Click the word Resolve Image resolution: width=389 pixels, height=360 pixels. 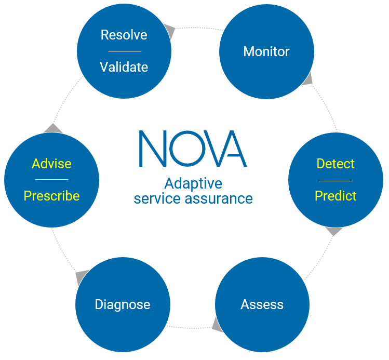(124, 35)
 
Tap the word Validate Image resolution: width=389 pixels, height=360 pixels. (124, 67)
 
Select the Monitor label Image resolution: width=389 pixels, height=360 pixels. (266, 51)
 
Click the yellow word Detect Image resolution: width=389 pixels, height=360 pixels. (336, 164)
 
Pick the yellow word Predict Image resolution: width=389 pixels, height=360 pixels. (336, 196)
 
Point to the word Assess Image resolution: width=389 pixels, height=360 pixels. (262, 304)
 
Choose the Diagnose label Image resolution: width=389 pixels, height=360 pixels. (123, 304)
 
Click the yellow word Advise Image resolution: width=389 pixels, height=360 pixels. (51, 164)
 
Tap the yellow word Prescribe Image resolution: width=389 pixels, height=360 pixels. (51, 196)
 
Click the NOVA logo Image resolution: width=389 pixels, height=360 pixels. (193, 149)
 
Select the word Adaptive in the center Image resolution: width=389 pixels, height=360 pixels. (193, 183)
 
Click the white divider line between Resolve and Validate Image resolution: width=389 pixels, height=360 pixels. (124, 51)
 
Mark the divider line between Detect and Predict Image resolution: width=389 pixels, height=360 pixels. (336, 180)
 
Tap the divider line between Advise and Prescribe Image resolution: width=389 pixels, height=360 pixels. (51, 180)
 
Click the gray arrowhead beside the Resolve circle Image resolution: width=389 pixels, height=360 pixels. (169, 31)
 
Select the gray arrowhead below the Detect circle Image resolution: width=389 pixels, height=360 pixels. (333, 231)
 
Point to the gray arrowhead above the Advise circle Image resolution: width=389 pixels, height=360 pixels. (53, 128)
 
